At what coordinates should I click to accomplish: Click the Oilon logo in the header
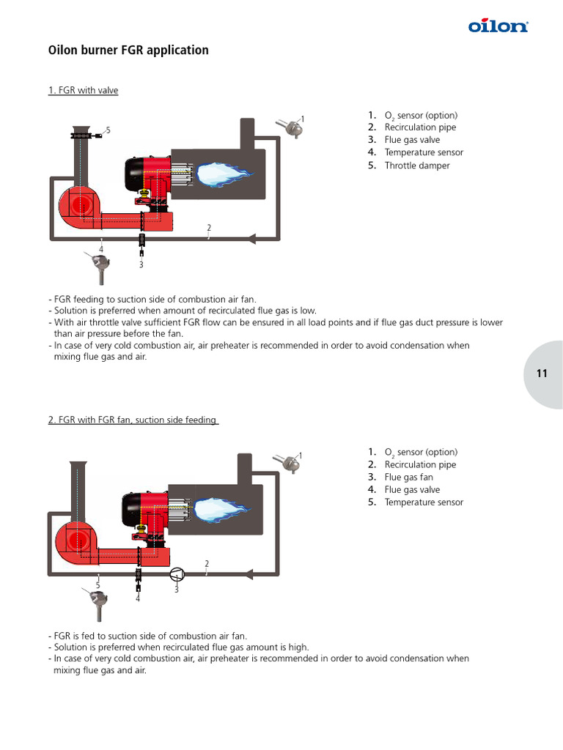(x=498, y=26)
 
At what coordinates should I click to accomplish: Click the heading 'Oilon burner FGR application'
(x=128, y=51)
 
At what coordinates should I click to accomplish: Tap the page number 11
(x=542, y=374)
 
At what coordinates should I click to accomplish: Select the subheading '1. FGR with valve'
(x=83, y=90)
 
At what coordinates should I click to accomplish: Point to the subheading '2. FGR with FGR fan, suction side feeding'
(x=133, y=420)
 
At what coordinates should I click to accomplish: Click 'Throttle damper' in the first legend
(x=417, y=166)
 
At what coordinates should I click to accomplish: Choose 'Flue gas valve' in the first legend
(x=412, y=140)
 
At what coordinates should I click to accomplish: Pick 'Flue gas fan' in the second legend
(x=408, y=477)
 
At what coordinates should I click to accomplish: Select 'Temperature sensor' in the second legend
(x=424, y=502)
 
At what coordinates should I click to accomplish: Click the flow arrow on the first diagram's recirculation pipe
(x=251, y=238)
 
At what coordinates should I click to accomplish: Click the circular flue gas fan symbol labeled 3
(x=177, y=573)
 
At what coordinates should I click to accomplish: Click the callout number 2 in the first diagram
(x=209, y=228)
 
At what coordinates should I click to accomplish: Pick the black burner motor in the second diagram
(x=132, y=509)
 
